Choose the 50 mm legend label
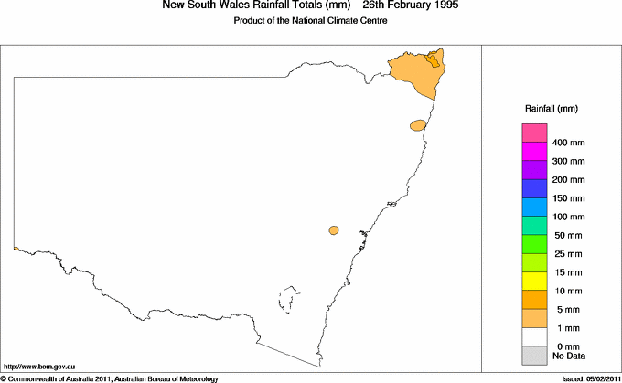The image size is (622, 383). (x=569, y=235)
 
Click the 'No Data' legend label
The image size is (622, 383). (x=569, y=356)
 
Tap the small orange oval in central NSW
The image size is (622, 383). (x=335, y=230)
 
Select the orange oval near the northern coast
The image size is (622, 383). (x=418, y=125)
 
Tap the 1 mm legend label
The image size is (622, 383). (x=566, y=327)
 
